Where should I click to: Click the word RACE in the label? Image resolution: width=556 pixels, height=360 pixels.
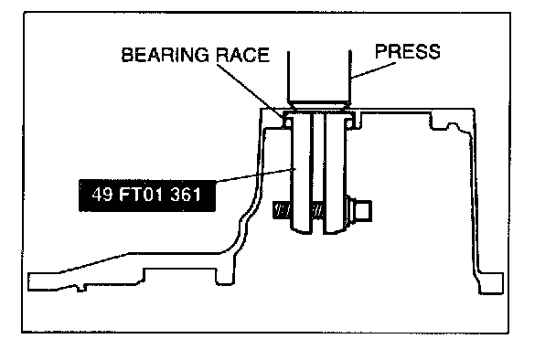pos(243,55)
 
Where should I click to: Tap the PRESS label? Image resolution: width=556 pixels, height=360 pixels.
pos(408,51)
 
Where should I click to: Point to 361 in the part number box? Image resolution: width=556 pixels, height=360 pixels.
pos(186,195)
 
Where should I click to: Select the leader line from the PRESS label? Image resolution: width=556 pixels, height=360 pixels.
pos(373,70)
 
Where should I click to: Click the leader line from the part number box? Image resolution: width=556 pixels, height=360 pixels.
pos(256,175)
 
